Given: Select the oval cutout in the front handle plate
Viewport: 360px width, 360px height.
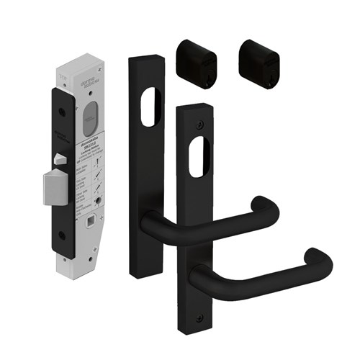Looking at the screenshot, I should point(199,155).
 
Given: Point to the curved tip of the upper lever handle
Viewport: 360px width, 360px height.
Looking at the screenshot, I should point(269,204).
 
